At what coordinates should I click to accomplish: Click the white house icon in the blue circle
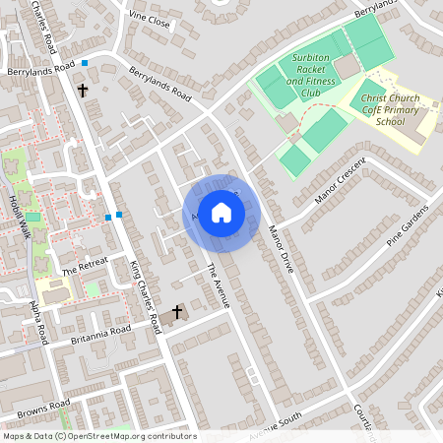pos(221,213)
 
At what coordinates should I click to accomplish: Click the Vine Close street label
pos(150,20)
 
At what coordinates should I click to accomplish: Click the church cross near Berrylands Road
pos(83,91)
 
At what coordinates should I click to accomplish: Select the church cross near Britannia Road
pos(177,313)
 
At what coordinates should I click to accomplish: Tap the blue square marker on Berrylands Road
pos(86,64)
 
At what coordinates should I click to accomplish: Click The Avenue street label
pos(218,284)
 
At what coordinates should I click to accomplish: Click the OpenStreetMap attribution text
pos(98,436)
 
